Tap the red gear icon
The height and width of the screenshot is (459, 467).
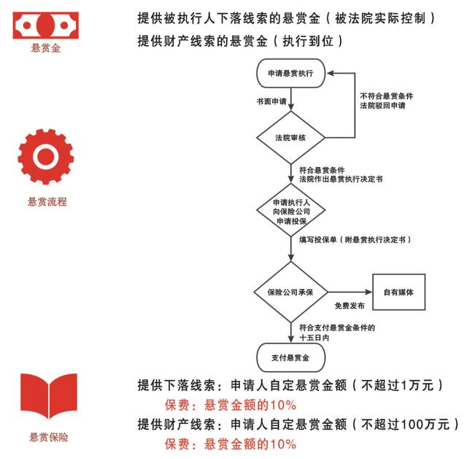click(46, 156)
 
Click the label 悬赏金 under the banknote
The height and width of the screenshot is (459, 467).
click(46, 50)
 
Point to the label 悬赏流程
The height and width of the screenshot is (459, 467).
click(47, 202)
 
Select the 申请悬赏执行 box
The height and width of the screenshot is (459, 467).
click(290, 74)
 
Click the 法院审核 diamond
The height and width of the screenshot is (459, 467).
click(290, 136)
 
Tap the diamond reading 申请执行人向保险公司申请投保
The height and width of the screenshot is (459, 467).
click(290, 211)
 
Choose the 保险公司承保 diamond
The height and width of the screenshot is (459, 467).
click(290, 292)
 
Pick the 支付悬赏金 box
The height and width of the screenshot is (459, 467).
click(290, 358)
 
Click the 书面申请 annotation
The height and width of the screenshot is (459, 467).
click(271, 100)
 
